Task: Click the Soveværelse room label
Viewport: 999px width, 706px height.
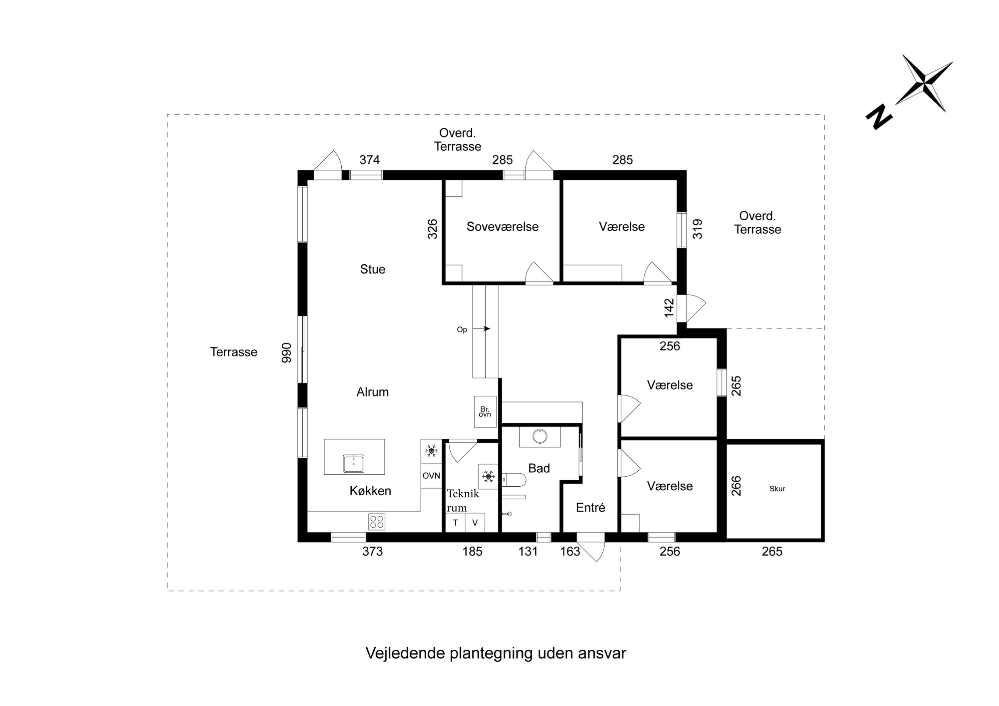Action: [x=502, y=227]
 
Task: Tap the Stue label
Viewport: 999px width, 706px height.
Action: [x=372, y=269]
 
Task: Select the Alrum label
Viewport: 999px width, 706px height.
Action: [x=372, y=392]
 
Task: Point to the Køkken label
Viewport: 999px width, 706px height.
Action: [x=370, y=491]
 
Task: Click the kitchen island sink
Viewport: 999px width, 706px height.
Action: [x=353, y=464]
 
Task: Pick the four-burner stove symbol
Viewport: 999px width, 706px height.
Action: [x=376, y=522]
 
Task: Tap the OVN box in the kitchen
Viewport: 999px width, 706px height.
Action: [x=431, y=476]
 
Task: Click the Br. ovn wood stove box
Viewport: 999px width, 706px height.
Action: [x=485, y=411]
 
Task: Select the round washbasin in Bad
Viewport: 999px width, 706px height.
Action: [x=540, y=436]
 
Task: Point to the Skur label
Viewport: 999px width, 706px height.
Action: [x=777, y=489]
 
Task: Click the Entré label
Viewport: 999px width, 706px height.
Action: [x=590, y=507]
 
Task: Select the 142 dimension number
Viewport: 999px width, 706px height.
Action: [x=669, y=308]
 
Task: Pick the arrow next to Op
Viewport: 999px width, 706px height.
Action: [x=482, y=329]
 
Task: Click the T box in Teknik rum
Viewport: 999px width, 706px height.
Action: [x=455, y=523]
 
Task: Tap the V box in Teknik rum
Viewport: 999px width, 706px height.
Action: [x=475, y=523]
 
